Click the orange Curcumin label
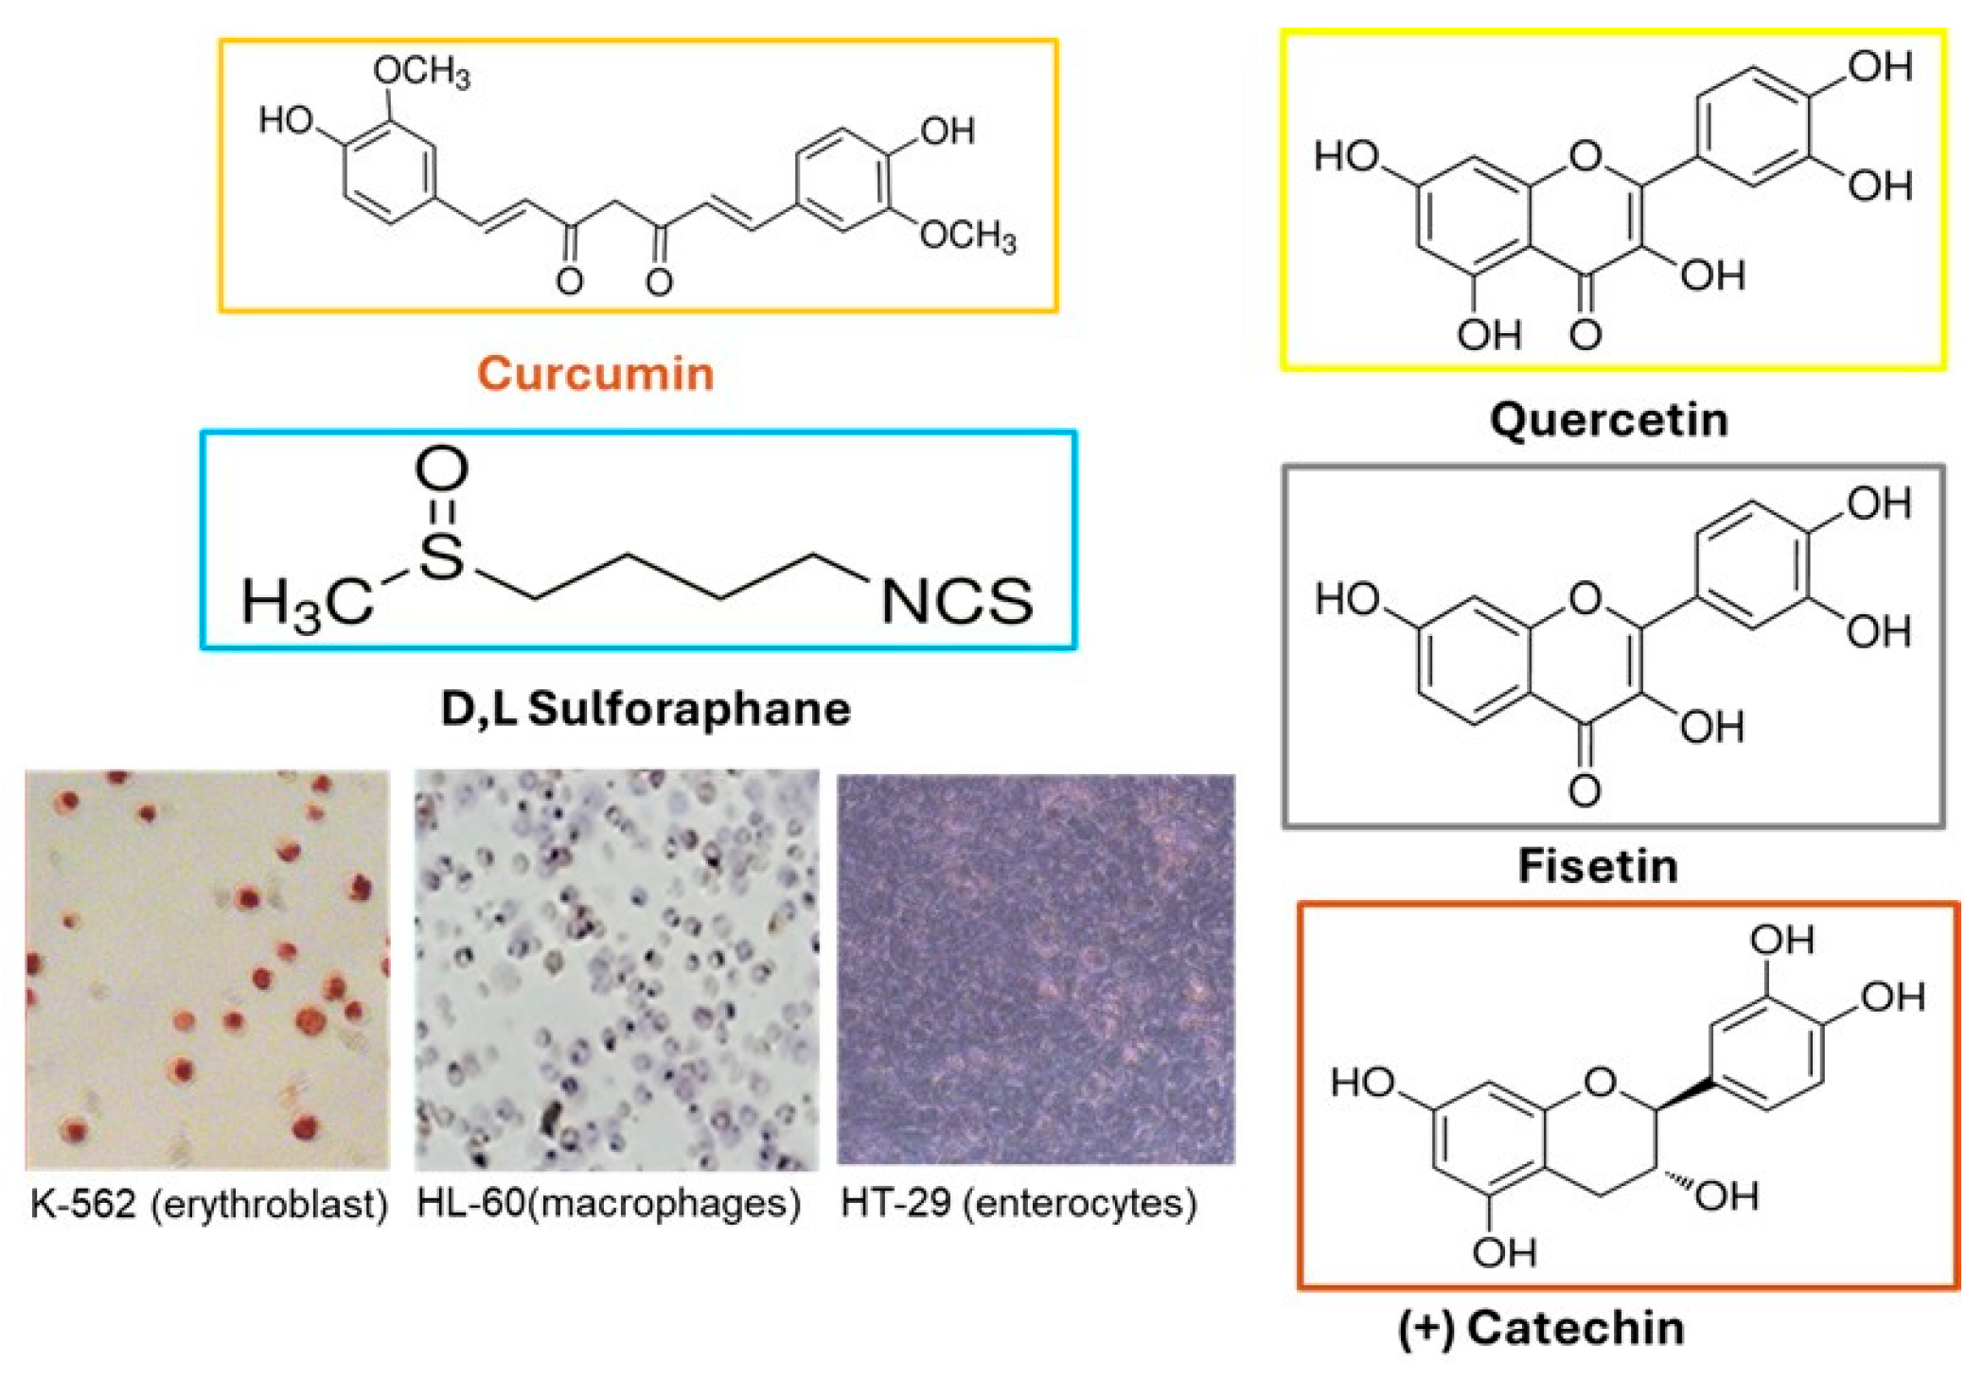[x=595, y=373]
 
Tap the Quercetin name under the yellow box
[x=1609, y=419]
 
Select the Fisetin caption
[x=1598, y=865]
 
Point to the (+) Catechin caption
[x=1541, y=1328]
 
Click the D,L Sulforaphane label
[x=646, y=709]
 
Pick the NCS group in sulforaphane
[x=956, y=602]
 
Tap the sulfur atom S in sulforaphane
[x=441, y=557]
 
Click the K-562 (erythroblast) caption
[x=209, y=1204]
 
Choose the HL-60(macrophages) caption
[x=609, y=1204]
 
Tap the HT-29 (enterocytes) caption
[x=1019, y=1204]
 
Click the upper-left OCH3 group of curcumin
[x=421, y=71]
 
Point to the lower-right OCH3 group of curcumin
[x=967, y=236]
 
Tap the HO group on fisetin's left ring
[x=1348, y=599]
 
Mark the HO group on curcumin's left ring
[x=287, y=120]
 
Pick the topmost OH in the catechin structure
[x=1781, y=940]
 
